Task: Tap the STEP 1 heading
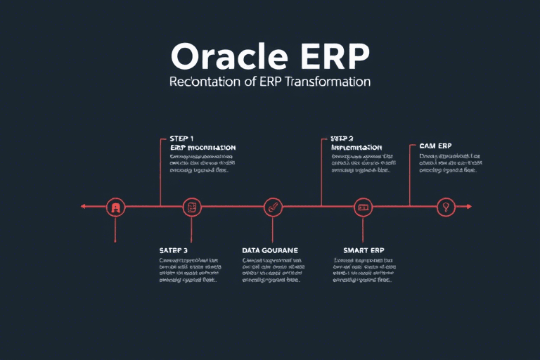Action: coord(181,139)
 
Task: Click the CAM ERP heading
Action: coord(435,146)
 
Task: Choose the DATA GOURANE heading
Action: coord(270,250)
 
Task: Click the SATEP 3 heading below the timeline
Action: coord(174,250)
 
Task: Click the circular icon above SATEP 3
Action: coord(191,207)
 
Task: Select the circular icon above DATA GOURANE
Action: coord(273,207)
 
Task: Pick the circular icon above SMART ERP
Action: coord(362,207)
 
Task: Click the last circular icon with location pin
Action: coord(444,207)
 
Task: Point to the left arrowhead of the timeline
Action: coord(83,207)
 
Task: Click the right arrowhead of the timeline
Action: coord(469,207)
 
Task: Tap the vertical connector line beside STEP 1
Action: coord(161,172)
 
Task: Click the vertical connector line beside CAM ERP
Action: coord(410,176)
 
